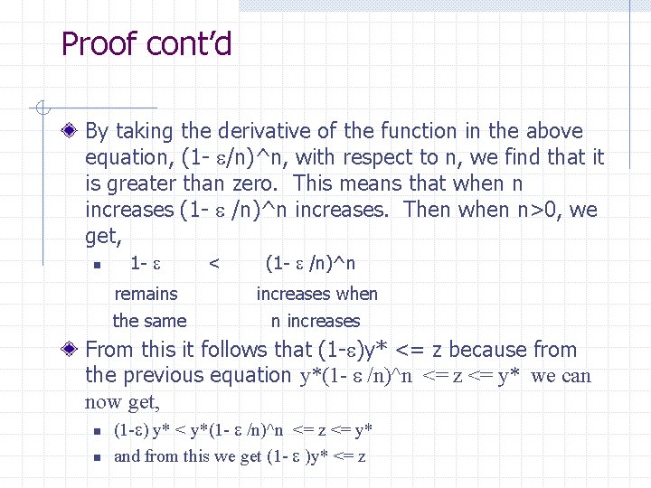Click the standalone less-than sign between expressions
214,264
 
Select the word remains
146,294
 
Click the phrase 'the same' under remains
149,321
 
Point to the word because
488,350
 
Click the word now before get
105,402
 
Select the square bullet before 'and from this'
95,457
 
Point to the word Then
429,210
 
